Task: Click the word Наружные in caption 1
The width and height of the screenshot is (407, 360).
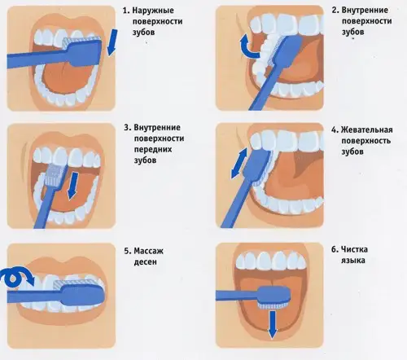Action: tap(153, 11)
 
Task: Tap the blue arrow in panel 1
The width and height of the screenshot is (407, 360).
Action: tap(112, 42)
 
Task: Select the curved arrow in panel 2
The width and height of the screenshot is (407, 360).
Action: tap(249, 46)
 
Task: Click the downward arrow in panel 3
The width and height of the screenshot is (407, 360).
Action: tap(72, 186)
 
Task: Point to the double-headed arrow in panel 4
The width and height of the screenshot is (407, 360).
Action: tap(239, 163)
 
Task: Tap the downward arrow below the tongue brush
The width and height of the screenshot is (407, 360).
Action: tap(272, 325)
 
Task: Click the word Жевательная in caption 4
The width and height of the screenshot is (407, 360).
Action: tap(367, 130)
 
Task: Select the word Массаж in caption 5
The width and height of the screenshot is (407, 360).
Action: tap(149, 251)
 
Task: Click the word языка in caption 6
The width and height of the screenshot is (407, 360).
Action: tap(353, 261)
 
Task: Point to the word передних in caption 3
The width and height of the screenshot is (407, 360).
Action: tap(153, 149)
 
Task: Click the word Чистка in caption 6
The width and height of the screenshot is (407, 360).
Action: tap(355, 249)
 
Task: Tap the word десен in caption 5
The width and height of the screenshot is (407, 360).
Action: tap(145, 262)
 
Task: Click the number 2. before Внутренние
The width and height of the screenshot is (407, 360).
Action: tap(335, 11)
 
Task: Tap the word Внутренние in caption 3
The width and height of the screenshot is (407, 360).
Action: tap(157, 127)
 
